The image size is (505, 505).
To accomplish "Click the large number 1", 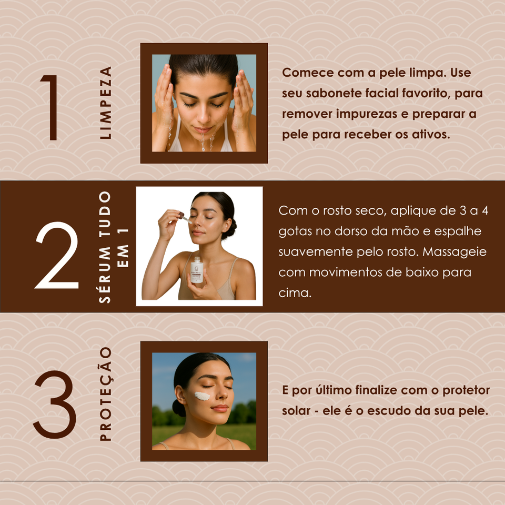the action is click(52, 107).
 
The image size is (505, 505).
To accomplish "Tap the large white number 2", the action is click(57, 255).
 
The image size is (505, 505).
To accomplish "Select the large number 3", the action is click(55, 404).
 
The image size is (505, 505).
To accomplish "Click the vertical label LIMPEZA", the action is click(106, 103).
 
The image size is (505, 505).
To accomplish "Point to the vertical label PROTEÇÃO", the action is click(106, 393).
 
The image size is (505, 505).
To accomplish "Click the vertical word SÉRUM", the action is click(105, 275).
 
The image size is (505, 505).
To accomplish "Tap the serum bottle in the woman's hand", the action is click(196, 270).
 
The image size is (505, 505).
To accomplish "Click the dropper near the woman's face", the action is click(185, 217).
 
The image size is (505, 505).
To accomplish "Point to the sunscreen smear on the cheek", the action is click(202, 396).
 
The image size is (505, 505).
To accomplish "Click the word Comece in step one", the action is click(303, 73).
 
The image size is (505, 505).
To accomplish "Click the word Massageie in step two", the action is click(454, 252).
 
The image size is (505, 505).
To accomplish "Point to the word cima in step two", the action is click(295, 293).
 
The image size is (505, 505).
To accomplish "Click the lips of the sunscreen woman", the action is click(220, 408).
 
